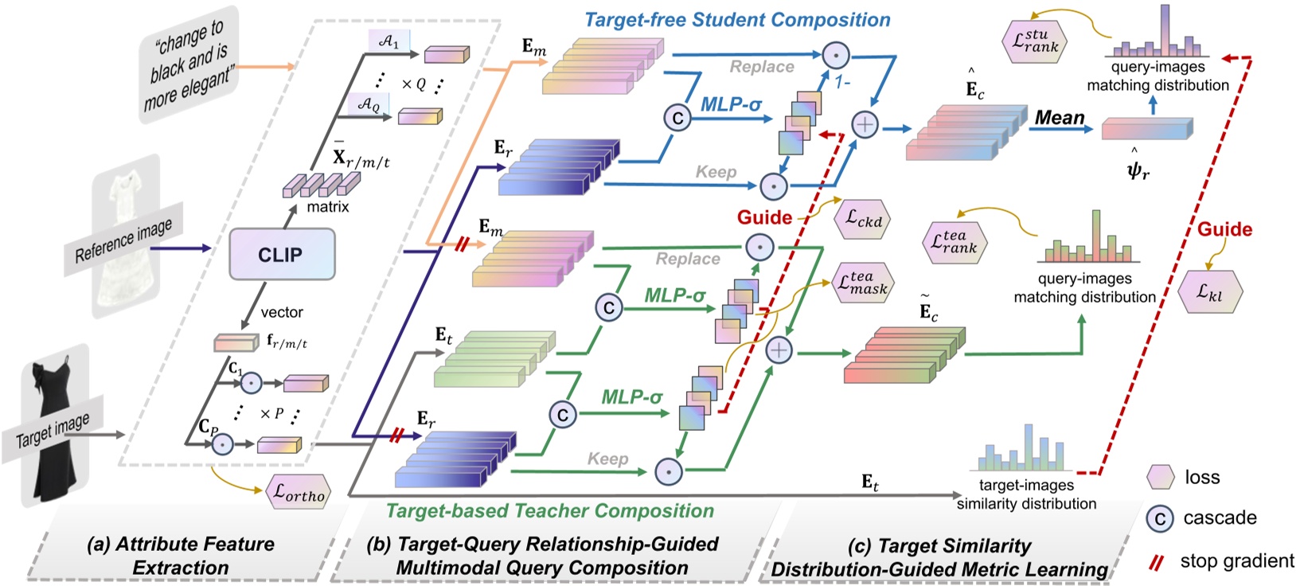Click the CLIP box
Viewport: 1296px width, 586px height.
tap(281, 255)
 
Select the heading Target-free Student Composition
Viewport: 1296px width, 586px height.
tap(737, 20)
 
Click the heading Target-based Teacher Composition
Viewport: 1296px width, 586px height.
tap(549, 510)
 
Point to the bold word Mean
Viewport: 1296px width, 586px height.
tap(1060, 118)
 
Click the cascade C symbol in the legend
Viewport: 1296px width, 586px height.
tap(1160, 519)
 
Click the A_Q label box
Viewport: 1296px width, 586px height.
tap(369, 104)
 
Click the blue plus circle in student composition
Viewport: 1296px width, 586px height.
tap(865, 124)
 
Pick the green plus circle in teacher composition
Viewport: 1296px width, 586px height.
tap(779, 350)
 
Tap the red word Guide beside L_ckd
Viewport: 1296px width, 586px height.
tap(764, 217)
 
